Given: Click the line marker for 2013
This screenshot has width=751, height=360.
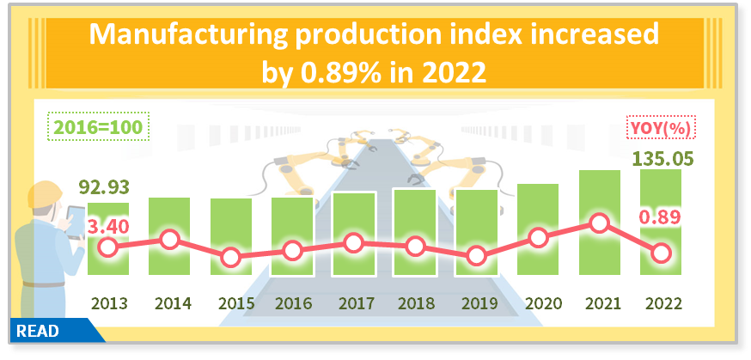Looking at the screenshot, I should [x=107, y=247].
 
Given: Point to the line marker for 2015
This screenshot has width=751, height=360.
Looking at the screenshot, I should [x=230, y=257].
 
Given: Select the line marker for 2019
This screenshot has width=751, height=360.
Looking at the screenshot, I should [x=477, y=255].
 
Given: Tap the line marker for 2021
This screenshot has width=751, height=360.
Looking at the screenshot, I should [x=600, y=223].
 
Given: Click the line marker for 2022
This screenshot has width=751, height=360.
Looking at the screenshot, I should [x=661, y=253].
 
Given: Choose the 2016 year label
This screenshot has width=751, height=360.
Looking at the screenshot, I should [x=292, y=303].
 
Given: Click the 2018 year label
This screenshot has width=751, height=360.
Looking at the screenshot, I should [x=415, y=303].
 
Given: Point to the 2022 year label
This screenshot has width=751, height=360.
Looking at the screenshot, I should [x=661, y=303].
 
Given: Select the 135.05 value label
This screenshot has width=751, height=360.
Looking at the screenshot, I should [x=662, y=159].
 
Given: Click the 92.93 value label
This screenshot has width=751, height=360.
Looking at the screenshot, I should [x=108, y=187].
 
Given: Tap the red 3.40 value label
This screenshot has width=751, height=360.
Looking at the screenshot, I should [x=107, y=227].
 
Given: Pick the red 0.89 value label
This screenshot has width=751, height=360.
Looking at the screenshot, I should [x=660, y=217].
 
